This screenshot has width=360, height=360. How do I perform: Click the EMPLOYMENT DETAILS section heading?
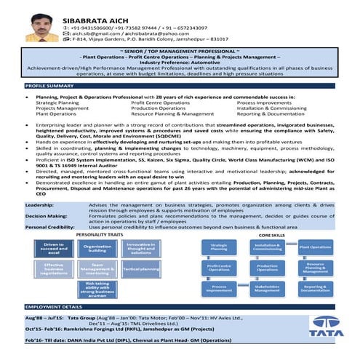54,307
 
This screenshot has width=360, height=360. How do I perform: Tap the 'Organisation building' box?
97,249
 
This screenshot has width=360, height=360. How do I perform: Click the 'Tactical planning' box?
141,269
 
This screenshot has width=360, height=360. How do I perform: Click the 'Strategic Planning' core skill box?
219,248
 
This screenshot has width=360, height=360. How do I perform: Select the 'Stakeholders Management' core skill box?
268,289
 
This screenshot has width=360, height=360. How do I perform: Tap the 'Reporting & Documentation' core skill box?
316,289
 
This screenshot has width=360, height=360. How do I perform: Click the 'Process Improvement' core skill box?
219,289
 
